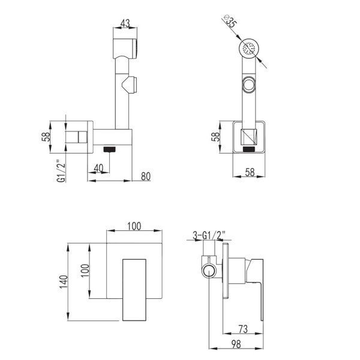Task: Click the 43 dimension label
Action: tap(125, 23)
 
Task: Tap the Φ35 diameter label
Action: tap(230, 21)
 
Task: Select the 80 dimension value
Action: tap(146, 176)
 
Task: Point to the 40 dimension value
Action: tap(99, 168)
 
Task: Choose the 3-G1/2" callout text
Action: tap(209, 236)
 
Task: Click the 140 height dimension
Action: tap(64, 282)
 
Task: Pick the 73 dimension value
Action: tap(243, 329)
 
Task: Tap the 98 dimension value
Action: tap(236, 344)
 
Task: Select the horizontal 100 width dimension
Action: tap(134, 226)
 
